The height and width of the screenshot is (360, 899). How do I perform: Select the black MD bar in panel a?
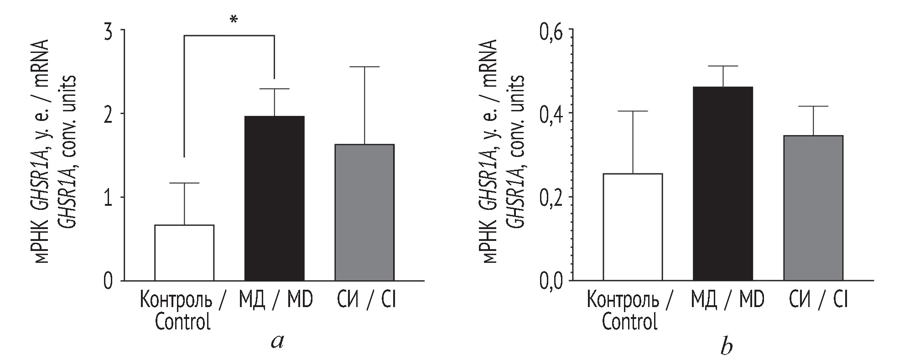[275, 198]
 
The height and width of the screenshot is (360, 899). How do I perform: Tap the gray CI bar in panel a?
[364, 212]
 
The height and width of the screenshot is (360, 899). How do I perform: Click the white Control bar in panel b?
[633, 227]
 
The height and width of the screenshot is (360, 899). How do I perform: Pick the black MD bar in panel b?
[723, 183]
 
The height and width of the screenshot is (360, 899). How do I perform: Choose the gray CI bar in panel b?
[813, 208]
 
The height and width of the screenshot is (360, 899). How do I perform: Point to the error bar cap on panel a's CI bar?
[364, 67]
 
